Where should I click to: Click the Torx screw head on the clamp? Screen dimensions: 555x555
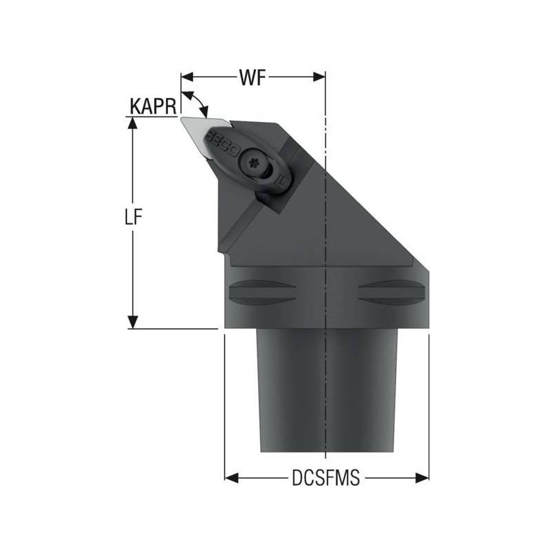click(253, 164)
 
